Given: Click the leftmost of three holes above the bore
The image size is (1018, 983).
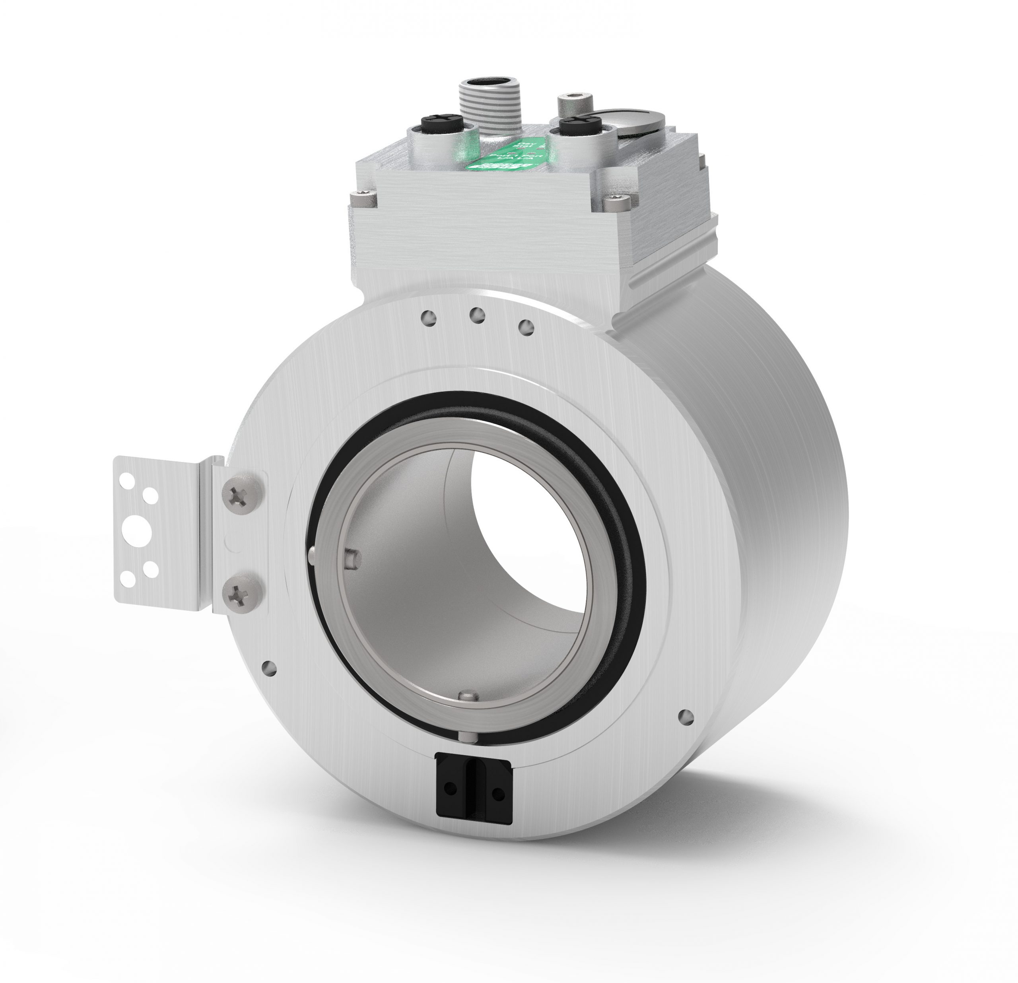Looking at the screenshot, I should pos(429,317).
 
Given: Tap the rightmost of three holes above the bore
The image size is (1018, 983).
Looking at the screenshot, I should pos(526,326).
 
